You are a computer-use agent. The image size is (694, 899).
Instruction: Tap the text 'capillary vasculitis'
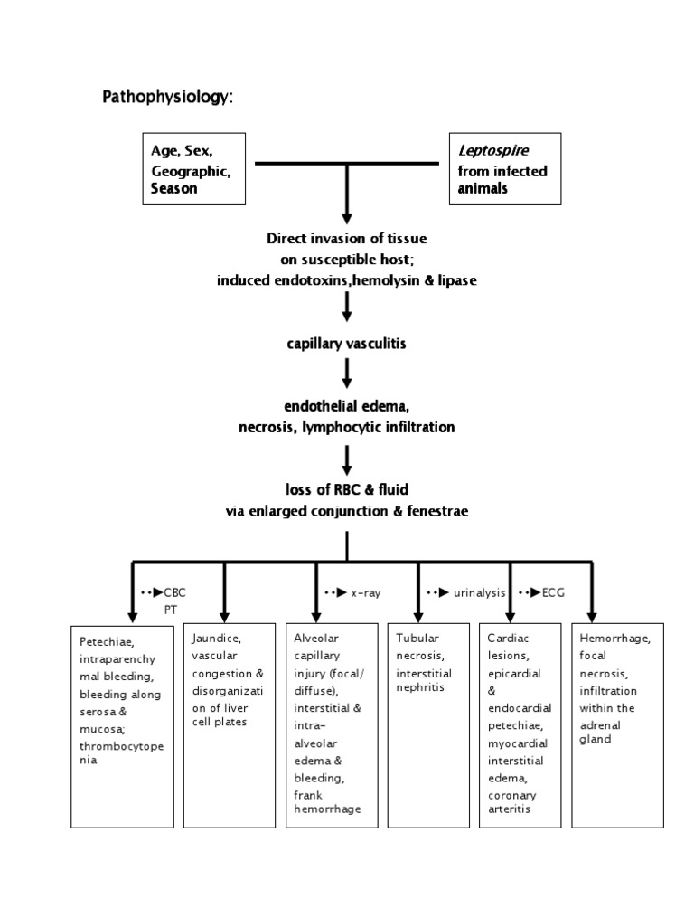[x=347, y=344]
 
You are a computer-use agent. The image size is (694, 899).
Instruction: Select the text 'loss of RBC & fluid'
[x=347, y=489]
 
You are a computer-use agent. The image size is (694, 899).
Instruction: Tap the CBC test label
[x=174, y=592]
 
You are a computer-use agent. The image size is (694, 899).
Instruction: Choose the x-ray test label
[x=365, y=592]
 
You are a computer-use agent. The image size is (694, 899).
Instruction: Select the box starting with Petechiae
[x=124, y=724]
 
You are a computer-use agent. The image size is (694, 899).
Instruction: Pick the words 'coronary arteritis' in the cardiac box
[x=512, y=802]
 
